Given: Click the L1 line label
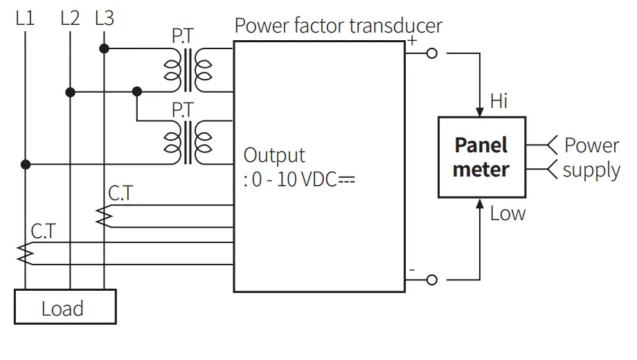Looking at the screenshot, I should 25,18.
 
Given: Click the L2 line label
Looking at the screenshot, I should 70,18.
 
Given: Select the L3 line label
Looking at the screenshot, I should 104,18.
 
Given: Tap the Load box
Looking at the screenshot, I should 65,307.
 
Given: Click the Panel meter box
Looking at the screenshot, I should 481,157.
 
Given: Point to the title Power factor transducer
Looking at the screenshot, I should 338,26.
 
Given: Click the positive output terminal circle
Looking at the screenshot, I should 432,53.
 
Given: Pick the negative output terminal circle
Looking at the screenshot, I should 432,280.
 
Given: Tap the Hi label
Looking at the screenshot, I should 499,101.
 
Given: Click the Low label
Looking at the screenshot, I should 508,213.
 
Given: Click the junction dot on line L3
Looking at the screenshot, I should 104,48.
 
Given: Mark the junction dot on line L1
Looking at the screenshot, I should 25,165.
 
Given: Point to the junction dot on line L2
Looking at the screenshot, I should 70,91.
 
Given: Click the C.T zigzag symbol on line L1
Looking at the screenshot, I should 25,253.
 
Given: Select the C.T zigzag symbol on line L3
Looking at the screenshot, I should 104,216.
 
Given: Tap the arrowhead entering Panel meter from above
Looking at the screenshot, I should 481,111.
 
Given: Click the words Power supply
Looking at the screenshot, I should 591,157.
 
